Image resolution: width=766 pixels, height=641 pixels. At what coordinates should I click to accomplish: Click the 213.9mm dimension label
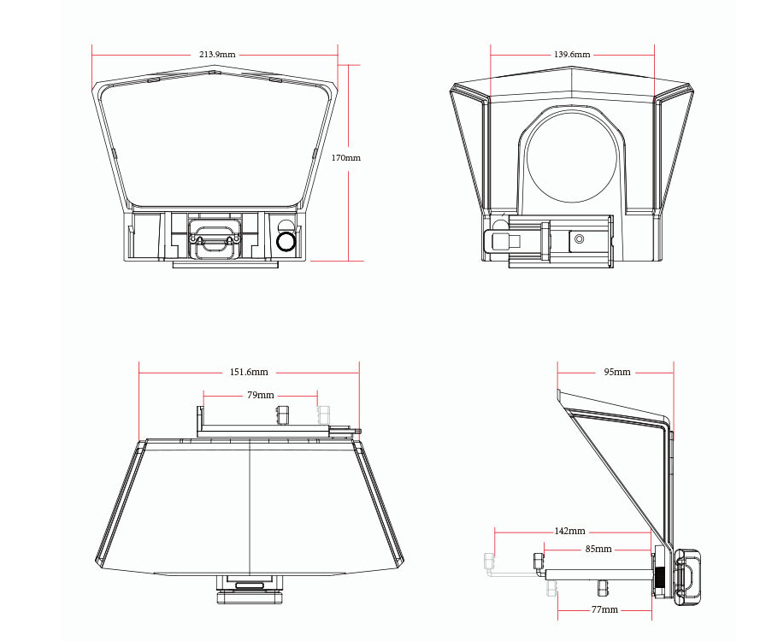(x=217, y=54)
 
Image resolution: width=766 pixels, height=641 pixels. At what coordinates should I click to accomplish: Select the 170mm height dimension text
(x=346, y=158)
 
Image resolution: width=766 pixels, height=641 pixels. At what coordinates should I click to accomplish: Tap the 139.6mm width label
(x=572, y=54)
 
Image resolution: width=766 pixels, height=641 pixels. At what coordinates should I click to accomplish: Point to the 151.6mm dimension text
(x=249, y=372)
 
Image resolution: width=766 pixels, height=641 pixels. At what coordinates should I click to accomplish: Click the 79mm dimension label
(x=261, y=395)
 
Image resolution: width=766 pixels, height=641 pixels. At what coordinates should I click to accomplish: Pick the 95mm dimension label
(x=617, y=372)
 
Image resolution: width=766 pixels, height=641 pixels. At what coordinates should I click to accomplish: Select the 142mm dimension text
(x=569, y=531)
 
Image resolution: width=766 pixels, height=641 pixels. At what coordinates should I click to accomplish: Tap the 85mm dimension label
(x=598, y=550)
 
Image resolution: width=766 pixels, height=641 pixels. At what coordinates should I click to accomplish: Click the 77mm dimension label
(x=604, y=609)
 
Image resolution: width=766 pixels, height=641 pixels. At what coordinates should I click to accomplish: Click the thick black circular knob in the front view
(x=286, y=241)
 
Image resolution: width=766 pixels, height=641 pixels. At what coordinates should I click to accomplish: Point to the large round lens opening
(x=570, y=156)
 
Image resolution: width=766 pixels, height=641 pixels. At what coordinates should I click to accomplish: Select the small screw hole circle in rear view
(x=580, y=239)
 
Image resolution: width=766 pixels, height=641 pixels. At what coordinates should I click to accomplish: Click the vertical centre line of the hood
(x=250, y=507)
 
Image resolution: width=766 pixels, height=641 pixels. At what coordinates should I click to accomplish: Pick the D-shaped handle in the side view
(x=689, y=578)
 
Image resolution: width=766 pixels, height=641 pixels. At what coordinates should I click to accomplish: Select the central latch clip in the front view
(x=214, y=239)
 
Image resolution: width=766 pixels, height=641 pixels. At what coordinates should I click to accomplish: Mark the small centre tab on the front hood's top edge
(x=213, y=73)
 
